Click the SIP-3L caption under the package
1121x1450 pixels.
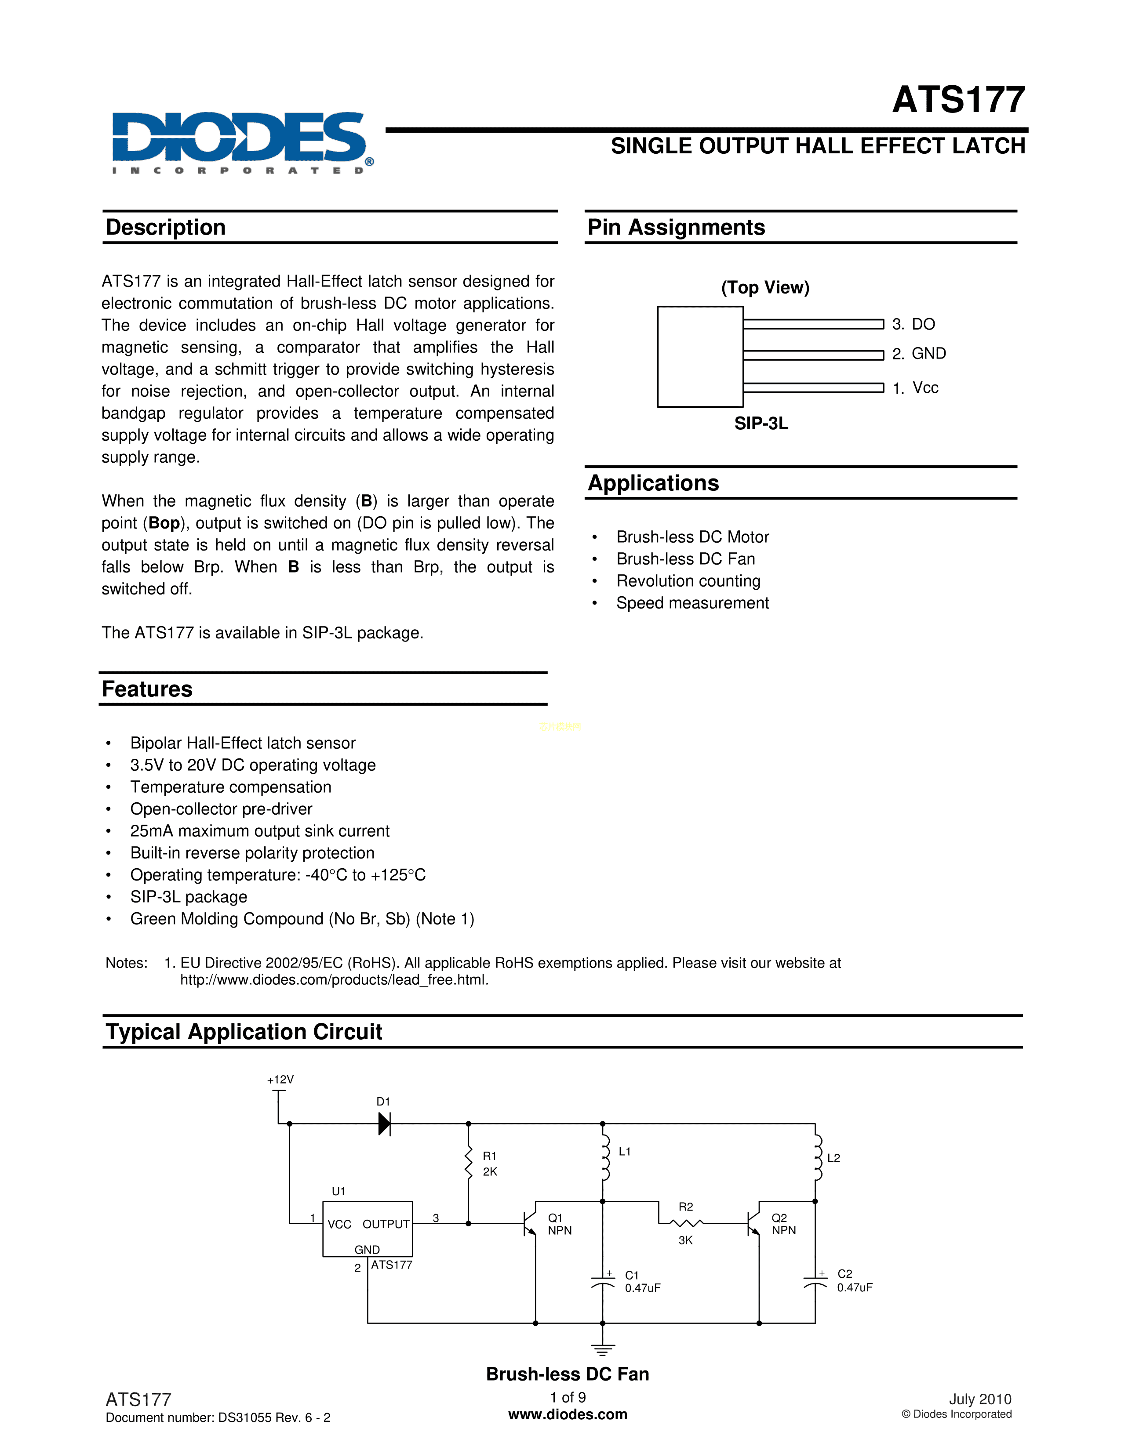tap(761, 424)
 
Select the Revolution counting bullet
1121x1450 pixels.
tap(688, 581)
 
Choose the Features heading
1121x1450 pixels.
tap(147, 689)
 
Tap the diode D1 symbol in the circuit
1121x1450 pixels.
tap(384, 1124)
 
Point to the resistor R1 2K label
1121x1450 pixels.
tap(490, 1164)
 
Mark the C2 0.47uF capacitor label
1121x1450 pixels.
tap(854, 1281)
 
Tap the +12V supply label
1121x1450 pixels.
tap(280, 1080)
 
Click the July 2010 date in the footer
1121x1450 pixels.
tap(979, 1399)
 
